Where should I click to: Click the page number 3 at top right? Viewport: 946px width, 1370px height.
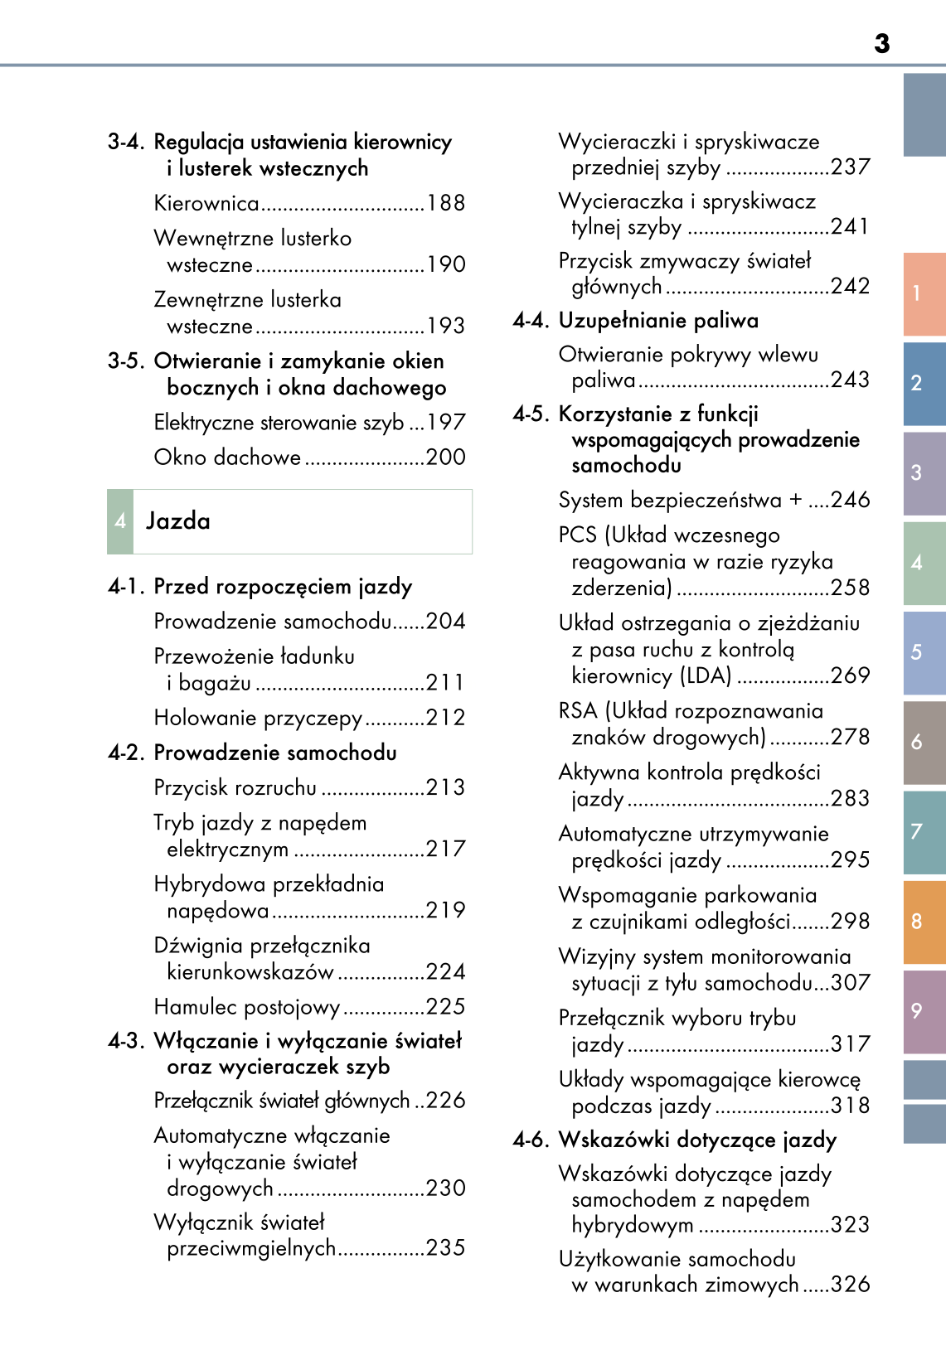coord(881,43)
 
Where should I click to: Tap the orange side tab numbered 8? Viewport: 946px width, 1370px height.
coord(924,922)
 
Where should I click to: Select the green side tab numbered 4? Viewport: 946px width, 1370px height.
coord(924,563)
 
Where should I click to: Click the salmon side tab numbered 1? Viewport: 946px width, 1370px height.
coord(924,293)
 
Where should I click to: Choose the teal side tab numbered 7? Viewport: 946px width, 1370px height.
coord(924,831)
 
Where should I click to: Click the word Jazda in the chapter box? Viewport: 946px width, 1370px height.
coord(178,521)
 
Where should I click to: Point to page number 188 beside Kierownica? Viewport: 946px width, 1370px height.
coord(446,203)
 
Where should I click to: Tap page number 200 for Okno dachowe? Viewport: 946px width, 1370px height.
coord(446,457)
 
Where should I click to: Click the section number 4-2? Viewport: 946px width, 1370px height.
coord(126,753)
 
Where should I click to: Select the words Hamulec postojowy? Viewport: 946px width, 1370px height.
coord(247,1007)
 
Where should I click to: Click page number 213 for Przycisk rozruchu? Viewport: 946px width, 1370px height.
coord(446,787)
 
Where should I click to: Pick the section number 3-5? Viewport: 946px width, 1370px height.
coord(126,361)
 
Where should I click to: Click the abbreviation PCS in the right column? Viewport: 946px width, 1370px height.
coord(577,535)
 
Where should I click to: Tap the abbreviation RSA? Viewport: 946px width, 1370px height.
coord(578,711)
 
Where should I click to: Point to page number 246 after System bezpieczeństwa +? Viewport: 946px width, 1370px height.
coord(851,500)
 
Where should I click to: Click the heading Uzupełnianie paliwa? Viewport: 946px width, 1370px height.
coord(658,321)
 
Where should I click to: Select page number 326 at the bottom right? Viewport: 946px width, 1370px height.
coord(851,1285)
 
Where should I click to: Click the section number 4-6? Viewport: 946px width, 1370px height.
coord(531,1140)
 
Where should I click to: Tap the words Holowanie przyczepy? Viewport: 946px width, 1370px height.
coord(258,718)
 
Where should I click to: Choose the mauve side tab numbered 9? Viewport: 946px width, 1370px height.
coord(924,1011)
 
